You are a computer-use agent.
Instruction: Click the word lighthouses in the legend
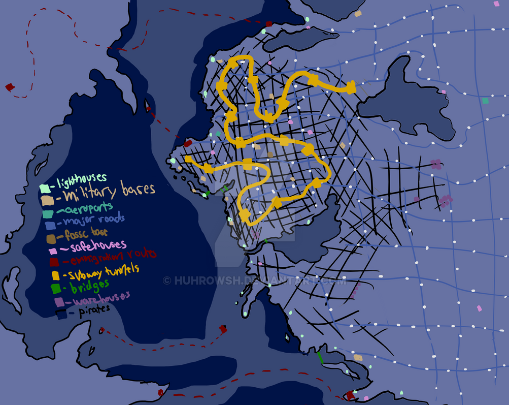coord(82,179)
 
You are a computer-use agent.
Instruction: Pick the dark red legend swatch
coord(54,262)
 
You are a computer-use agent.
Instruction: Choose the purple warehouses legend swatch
coord(59,302)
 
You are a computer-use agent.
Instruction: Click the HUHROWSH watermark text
coord(254,281)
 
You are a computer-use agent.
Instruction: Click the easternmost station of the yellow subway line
coord(350,88)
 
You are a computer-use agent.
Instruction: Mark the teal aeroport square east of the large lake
coord(485,101)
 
